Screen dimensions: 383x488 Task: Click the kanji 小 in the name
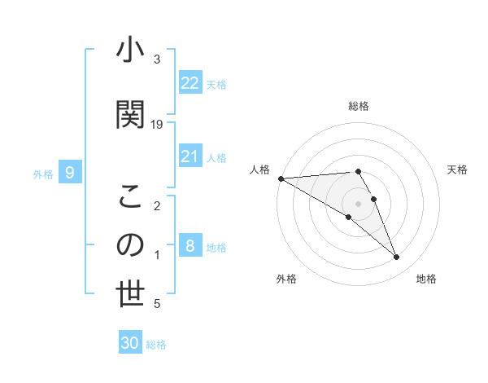pos(130,51)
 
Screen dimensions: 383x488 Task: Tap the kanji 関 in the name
pos(130,113)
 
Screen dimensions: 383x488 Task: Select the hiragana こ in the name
pos(130,196)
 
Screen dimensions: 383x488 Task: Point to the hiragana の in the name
pos(130,245)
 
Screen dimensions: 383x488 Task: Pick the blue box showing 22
pos(190,83)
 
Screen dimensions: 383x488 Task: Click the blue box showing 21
pos(190,156)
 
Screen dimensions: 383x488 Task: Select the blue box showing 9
pos(70,173)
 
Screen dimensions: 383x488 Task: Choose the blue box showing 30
pos(130,343)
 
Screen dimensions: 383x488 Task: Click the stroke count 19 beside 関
pos(157,125)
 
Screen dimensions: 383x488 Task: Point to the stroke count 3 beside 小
pos(157,59)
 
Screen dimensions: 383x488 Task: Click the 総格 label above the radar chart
pos(359,106)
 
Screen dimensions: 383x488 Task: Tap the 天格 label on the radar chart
pos(458,169)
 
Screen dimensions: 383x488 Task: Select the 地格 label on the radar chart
pos(426,279)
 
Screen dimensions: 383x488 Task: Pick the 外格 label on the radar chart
pos(286,279)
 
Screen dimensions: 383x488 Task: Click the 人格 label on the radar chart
pos(260,169)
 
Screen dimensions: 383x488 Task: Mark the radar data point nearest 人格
pos(281,178)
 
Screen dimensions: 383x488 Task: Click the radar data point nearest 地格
pos(397,258)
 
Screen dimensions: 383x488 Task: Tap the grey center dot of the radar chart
pos(359,204)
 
